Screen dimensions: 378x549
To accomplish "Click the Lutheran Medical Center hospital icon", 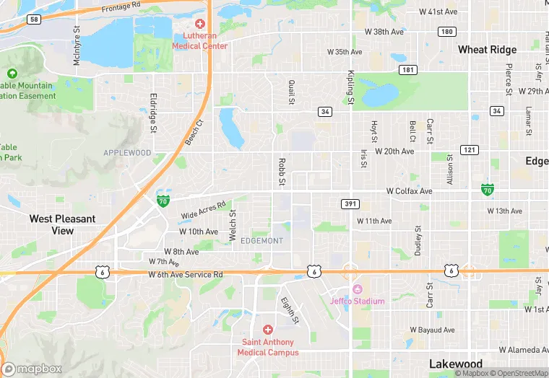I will tap(199, 24).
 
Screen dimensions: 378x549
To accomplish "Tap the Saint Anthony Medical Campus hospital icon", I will tap(267, 329).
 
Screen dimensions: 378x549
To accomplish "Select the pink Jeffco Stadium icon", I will tap(356, 289).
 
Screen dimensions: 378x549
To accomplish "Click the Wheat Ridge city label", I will tap(488, 50).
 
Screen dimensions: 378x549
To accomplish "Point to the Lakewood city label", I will tap(455, 363).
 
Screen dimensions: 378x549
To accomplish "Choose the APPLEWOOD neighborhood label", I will tap(127, 153).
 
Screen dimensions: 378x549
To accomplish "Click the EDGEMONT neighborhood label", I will tap(261, 241).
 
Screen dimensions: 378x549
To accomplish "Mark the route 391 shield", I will tap(350, 204).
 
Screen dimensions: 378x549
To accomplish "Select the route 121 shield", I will tap(470, 149).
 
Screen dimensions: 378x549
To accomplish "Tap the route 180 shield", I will tap(447, 32).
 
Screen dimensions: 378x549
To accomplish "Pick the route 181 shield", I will tap(409, 69).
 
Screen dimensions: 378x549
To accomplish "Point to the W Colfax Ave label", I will tap(409, 191).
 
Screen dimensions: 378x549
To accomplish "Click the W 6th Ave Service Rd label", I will tap(186, 275).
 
